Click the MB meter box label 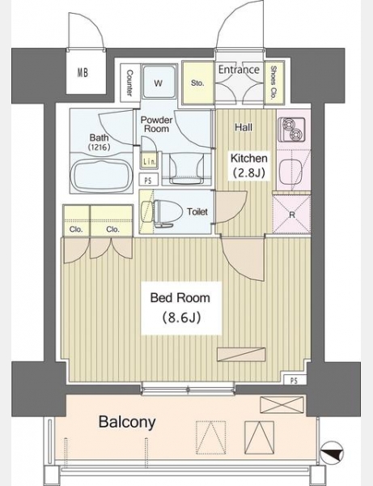pos(83,73)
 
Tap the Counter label pos(129,83)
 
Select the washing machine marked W pos(159,81)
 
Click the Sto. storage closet pos(197,83)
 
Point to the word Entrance pos(239,70)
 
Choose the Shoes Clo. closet pos(274,83)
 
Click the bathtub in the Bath pos(100,174)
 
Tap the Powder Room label pos(157,124)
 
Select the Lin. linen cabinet pos(150,160)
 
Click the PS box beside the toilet pos(149,180)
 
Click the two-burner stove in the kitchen pos(291,130)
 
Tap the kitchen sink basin pos(290,171)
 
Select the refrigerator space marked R pos(291,214)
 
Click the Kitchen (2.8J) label pos(249,165)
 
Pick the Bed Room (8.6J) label pos(180,308)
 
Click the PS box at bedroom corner pos(295,380)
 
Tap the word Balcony pos(127,422)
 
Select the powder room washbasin pos(187,169)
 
